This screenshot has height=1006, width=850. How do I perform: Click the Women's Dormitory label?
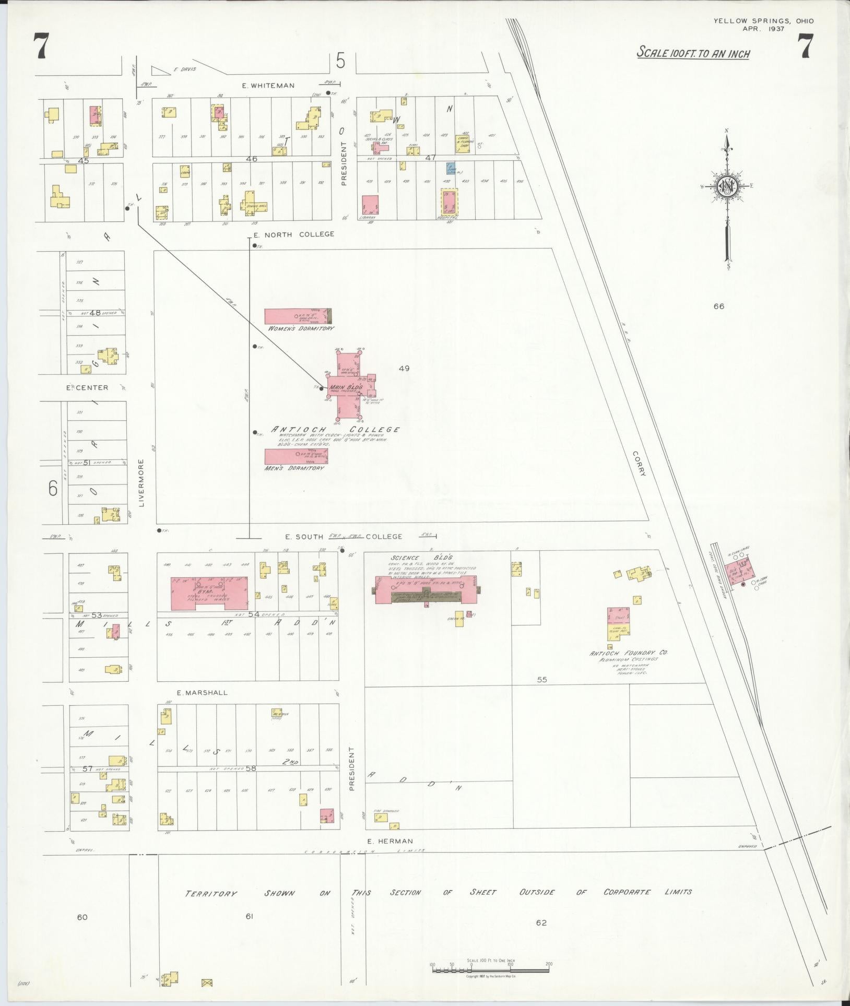click(x=300, y=328)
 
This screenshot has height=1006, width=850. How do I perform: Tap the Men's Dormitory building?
click(x=296, y=456)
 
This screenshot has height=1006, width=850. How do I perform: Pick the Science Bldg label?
click(x=405, y=558)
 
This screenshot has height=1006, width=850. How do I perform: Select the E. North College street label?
click(x=293, y=234)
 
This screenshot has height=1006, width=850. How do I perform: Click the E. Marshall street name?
click(x=202, y=693)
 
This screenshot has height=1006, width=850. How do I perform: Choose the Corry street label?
click(x=641, y=464)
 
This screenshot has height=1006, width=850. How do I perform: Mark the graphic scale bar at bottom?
click(x=491, y=969)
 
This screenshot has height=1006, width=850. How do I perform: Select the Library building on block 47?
click(x=370, y=206)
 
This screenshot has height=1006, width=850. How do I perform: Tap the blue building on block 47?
click(x=451, y=168)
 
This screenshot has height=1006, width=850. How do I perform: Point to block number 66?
click(x=719, y=306)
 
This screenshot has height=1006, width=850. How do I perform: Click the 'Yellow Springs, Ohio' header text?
click(x=763, y=21)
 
